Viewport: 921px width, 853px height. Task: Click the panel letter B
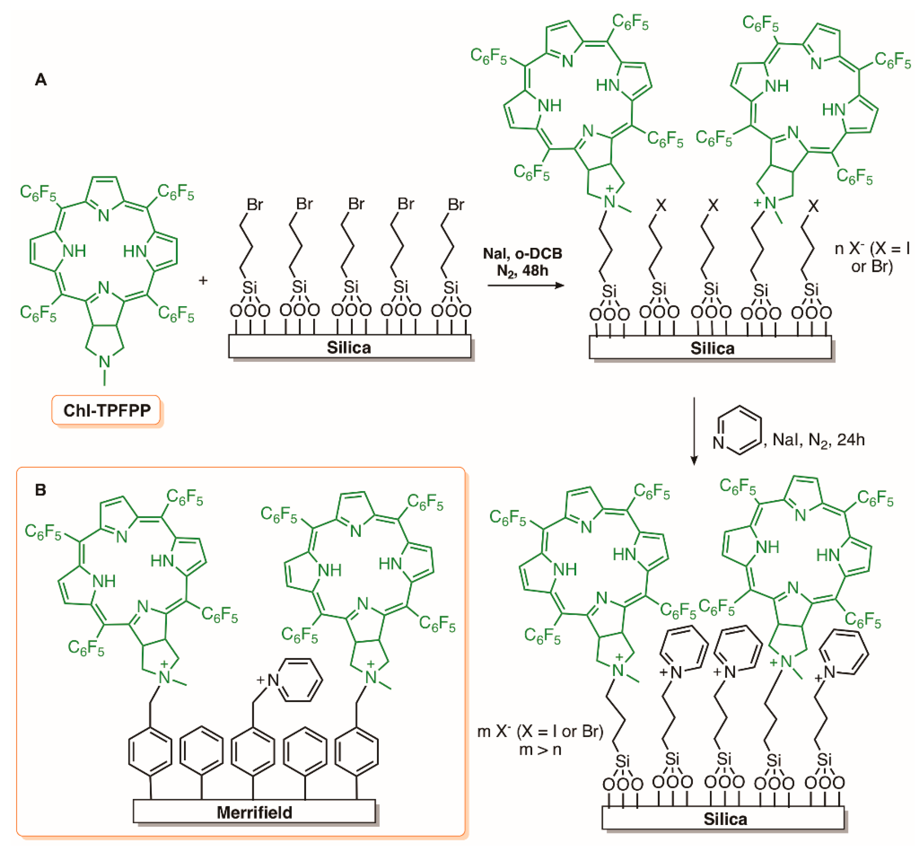click(x=41, y=490)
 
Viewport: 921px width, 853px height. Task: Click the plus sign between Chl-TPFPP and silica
click(x=203, y=280)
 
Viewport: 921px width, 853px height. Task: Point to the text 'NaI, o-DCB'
click(x=522, y=253)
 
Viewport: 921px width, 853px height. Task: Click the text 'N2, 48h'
click(x=522, y=271)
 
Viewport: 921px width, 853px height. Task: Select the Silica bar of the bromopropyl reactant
click(x=350, y=347)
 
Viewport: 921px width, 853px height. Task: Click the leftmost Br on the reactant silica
click(x=255, y=204)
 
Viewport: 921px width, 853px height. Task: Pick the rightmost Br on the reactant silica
click(x=455, y=204)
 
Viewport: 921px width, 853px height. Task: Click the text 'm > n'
click(x=540, y=749)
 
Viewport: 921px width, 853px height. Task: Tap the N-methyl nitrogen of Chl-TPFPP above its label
click(x=105, y=362)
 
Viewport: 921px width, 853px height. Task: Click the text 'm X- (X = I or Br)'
click(x=540, y=732)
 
